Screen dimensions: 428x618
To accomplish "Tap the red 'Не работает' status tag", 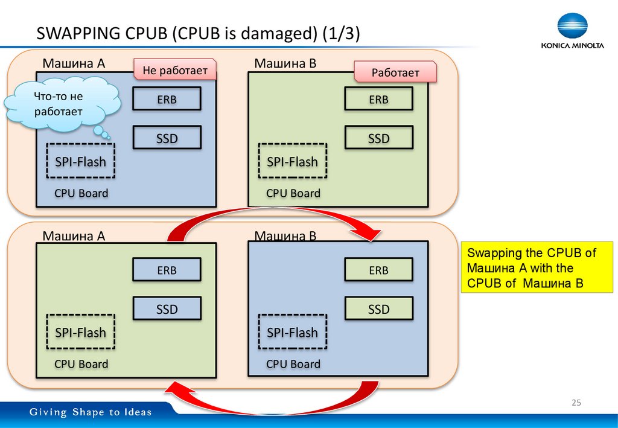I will [x=174, y=71].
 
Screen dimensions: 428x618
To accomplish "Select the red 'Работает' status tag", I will [x=395, y=72].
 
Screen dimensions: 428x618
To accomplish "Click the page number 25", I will [x=576, y=403].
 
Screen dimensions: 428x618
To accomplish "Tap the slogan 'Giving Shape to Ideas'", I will [x=91, y=412].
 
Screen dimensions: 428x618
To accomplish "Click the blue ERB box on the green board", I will [x=167, y=270].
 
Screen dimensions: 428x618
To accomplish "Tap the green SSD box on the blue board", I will [x=378, y=309].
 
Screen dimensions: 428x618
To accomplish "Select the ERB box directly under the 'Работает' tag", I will [x=378, y=100].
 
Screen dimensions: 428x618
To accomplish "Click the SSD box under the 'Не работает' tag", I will [x=167, y=138].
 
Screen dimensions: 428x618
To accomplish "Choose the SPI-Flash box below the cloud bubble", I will [x=81, y=161].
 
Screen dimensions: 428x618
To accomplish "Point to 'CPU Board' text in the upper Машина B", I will [x=293, y=193].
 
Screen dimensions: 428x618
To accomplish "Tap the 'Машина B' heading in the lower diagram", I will [x=285, y=235].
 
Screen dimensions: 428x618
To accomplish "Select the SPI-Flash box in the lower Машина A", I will [x=81, y=332].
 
